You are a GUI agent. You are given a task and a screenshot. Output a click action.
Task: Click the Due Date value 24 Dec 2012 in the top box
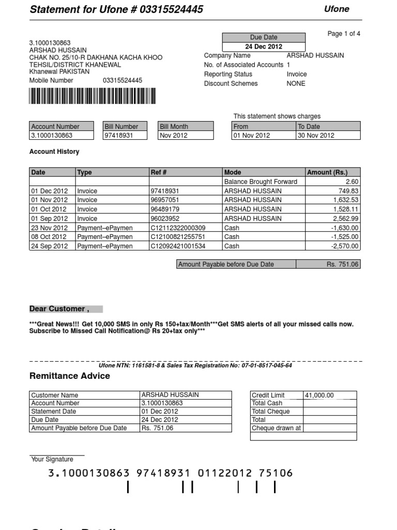coord(264,47)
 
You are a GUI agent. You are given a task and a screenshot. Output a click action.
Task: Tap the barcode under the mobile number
coord(92,97)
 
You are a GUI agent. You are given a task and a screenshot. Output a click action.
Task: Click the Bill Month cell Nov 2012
coord(174,136)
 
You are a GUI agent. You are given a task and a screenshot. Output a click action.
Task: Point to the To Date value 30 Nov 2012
coord(316,136)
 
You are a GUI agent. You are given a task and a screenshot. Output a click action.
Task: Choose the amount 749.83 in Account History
coord(348,191)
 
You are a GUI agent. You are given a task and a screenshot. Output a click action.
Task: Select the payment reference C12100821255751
coord(177,237)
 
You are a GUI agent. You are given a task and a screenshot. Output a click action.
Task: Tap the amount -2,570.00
coord(345,246)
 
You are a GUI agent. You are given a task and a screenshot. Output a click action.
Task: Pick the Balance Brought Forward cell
coord(261,182)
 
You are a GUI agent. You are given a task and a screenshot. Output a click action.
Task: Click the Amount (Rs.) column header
coord(327,172)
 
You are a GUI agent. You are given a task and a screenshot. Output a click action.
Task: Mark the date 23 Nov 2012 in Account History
coord(49,228)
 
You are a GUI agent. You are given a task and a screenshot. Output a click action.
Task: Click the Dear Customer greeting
coord(59,309)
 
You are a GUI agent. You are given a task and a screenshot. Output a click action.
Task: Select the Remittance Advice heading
coord(70,376)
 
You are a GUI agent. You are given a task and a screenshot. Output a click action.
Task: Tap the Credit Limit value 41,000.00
coord(319,395)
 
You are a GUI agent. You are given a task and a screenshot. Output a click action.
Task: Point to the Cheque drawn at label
coord(276,429)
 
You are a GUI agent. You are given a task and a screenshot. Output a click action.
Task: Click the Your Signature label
coord(52,460)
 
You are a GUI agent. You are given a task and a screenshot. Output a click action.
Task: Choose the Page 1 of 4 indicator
coord(344,34)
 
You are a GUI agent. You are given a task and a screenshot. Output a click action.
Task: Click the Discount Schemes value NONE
coord(296,84)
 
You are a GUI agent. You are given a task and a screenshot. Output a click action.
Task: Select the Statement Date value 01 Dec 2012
coord(159,411)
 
